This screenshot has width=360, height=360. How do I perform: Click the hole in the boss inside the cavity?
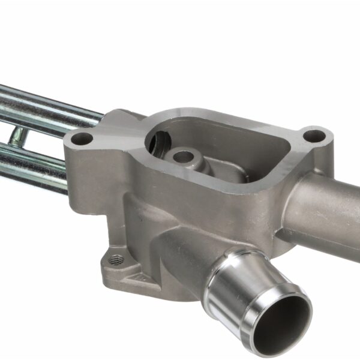coord(184,157)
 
